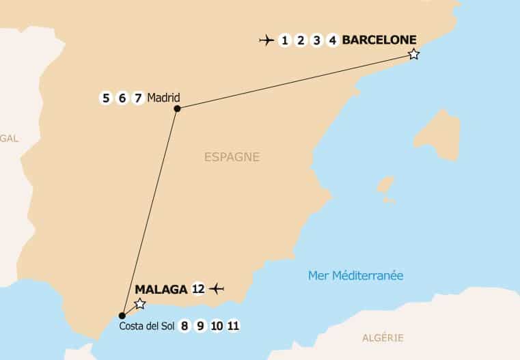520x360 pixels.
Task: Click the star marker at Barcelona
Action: [413, 54]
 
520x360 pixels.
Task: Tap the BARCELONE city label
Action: [379, 40]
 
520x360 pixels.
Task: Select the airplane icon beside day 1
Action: [266, 40]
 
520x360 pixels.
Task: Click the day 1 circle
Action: [284, 40]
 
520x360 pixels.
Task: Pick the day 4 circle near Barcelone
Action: [333, 40]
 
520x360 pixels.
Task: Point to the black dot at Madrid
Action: [177, 109]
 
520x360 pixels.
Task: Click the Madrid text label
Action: [163, 97]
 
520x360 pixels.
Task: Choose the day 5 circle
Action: [105, 98]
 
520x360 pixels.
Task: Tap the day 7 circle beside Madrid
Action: [137, 98]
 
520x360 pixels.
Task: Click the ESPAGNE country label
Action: [232, 157]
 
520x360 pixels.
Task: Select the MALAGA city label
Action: [161, 289]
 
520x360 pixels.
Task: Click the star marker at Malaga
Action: [140, 303]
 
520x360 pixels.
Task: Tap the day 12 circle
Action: [198, 289]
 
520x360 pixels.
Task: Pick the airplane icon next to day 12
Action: [217, 289]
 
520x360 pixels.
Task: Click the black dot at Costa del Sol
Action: [122, 316]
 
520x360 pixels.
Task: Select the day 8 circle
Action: [184, 327]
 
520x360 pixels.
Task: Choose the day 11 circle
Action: [233, 327]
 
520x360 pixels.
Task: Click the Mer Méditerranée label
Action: [355, 276]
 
